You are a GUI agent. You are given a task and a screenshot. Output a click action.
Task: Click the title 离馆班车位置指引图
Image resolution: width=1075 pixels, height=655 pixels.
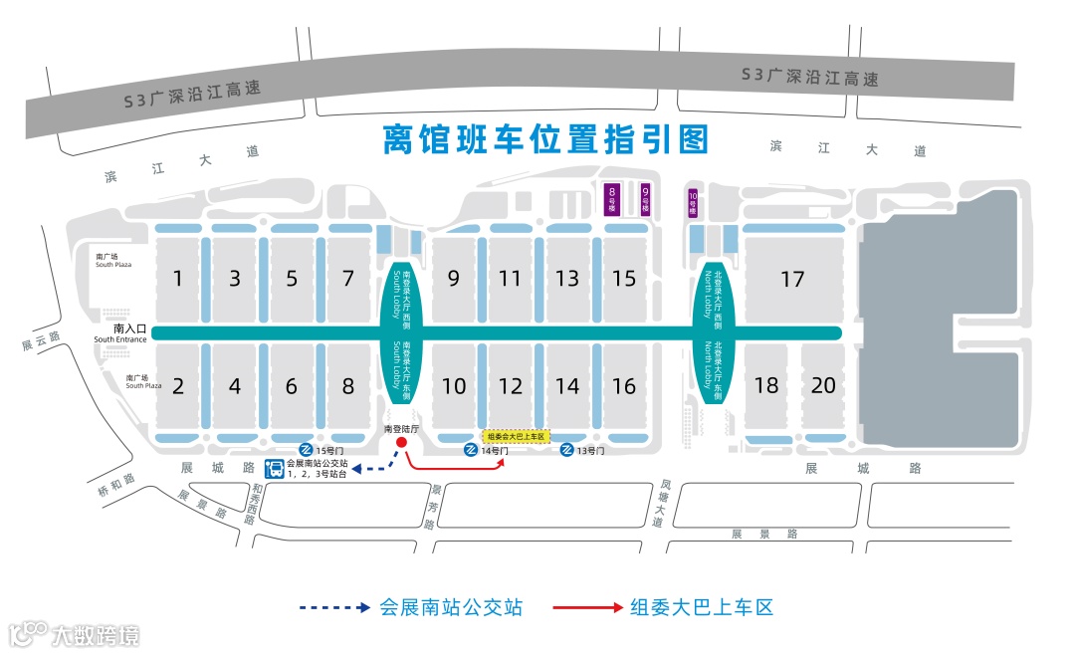coord(545,140)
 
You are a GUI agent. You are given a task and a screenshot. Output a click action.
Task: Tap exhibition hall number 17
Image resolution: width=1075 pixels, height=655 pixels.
coord(792,280)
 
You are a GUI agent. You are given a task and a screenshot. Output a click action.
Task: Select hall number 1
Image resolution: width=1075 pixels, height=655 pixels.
coord(178,279)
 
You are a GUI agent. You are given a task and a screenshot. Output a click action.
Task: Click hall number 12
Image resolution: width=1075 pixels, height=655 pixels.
coord(510,386)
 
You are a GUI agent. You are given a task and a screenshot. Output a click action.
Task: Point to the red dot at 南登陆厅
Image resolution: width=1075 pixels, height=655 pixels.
coord(400,443)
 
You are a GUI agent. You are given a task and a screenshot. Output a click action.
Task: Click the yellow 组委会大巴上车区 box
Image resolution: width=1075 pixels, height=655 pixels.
coord(517,436)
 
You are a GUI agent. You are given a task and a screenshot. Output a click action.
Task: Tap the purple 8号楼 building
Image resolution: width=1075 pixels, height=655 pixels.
coord(613,200)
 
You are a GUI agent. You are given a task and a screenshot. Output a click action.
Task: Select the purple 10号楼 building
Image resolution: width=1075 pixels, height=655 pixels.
coord(693,203)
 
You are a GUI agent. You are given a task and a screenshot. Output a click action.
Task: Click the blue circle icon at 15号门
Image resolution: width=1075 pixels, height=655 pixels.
coord(306,451)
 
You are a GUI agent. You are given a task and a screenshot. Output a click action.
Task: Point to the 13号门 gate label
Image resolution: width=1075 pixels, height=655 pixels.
coord(589,451)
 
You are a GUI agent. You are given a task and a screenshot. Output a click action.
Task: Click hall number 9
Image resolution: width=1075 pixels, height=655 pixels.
coord(454,279)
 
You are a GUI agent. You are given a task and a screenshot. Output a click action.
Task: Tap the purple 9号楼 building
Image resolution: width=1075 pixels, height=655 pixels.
coord(645,200)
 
